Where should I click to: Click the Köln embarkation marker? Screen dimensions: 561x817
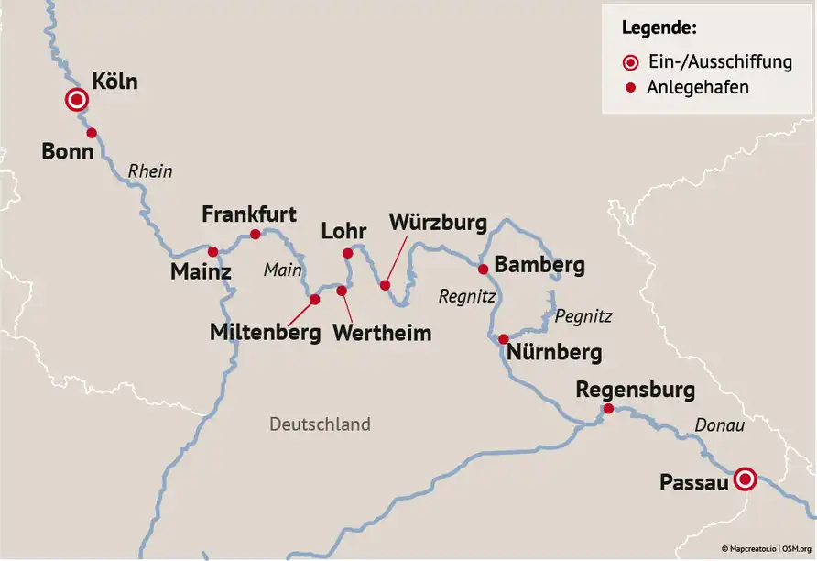(x=77, y=101)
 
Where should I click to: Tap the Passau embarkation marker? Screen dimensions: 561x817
(x=746, y=478)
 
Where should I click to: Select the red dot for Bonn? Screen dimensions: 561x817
(x=92, y=133)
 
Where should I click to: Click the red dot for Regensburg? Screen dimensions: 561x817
(x=608, y=408)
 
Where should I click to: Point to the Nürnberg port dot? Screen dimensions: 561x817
(x=503, y=339)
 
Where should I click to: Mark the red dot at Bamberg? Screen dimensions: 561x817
(x=483, y=269)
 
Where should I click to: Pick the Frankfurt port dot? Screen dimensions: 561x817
(x=256, y=234)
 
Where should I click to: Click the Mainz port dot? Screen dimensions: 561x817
(x=212, y=251)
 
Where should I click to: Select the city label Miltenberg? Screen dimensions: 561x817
(x=266, y=332)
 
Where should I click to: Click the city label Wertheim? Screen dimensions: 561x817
(x=382, y=332)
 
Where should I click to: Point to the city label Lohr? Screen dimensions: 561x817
(x=343, y=230)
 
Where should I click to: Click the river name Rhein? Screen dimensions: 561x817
(x=150, y=171)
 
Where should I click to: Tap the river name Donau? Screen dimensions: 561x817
(x=720, y=425)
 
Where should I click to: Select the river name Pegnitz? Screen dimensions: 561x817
(x=583, y=316)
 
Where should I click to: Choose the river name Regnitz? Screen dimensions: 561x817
(x=466, y=296)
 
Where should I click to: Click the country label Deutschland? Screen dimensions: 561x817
(x=320, y=423)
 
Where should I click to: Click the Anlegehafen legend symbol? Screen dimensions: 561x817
(x=630, y=88)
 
